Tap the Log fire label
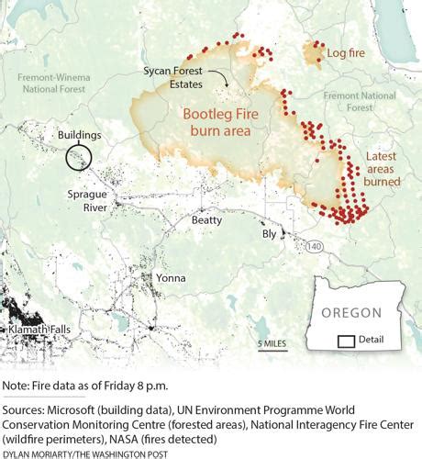345,54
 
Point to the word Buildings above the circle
80,135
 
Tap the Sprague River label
88,200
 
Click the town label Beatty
206,220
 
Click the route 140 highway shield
316,246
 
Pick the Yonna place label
170,278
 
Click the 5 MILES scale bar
272,345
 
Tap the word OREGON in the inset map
351,313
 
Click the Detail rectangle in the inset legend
347,341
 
